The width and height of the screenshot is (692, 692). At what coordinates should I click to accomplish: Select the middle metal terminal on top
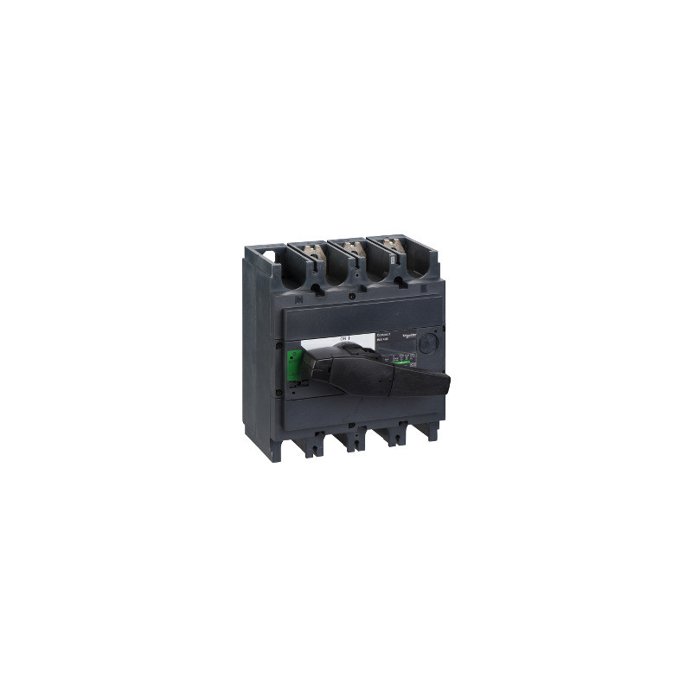click(353, 249)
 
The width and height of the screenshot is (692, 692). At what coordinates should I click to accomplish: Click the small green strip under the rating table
click(405, 362)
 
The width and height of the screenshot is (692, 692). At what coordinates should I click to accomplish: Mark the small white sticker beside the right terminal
click(391, 259)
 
